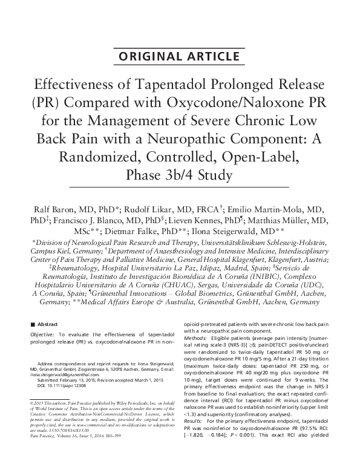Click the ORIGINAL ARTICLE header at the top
click(180, 57)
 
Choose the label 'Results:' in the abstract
click(194, 445)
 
